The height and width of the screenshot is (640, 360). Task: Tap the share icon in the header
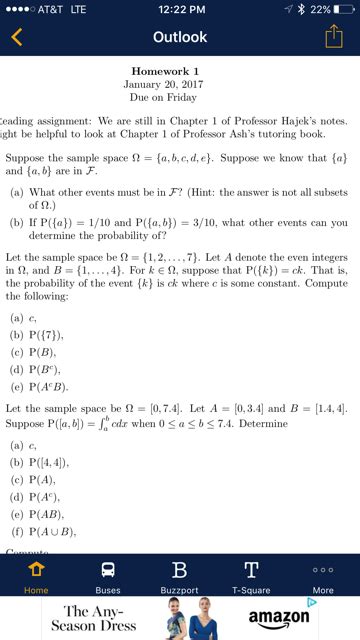333,37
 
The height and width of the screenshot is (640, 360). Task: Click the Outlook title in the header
180,37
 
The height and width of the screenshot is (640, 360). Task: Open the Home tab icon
36,569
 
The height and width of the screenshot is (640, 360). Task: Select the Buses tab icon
108,569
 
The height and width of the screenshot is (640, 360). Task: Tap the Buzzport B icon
180,569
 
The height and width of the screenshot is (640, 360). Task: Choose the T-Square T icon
251,569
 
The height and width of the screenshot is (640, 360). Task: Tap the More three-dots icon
323,569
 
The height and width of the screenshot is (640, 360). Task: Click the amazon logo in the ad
278,619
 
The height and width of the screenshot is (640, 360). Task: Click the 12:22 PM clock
180,10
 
